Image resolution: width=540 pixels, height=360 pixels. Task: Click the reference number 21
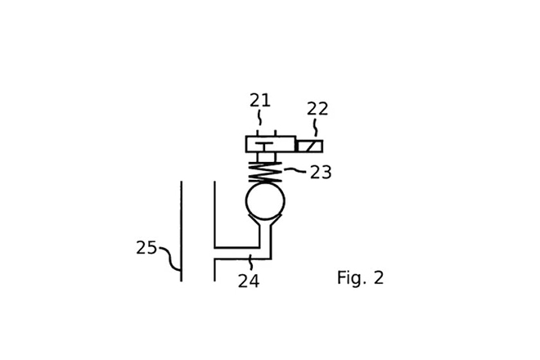click(x=260, y=101)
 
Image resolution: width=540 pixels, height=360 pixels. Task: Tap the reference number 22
click(x=317, y=109)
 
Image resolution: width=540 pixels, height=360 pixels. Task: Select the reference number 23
click(x=321, y=173)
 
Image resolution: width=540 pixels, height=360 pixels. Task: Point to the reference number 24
click(x=249, y=281)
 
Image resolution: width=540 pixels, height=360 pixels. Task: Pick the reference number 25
click(x=146, y=248)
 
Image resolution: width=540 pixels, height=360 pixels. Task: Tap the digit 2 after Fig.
click(x=378, y=278)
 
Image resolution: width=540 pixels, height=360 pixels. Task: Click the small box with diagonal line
click(x=309, y=146)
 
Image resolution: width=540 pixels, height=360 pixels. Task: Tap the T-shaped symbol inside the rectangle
click(x=263, y=146)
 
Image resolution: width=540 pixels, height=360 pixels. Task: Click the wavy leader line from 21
click(x=259, y=119)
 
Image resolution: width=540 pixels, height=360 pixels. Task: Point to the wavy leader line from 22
click(x=315, y=129)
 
